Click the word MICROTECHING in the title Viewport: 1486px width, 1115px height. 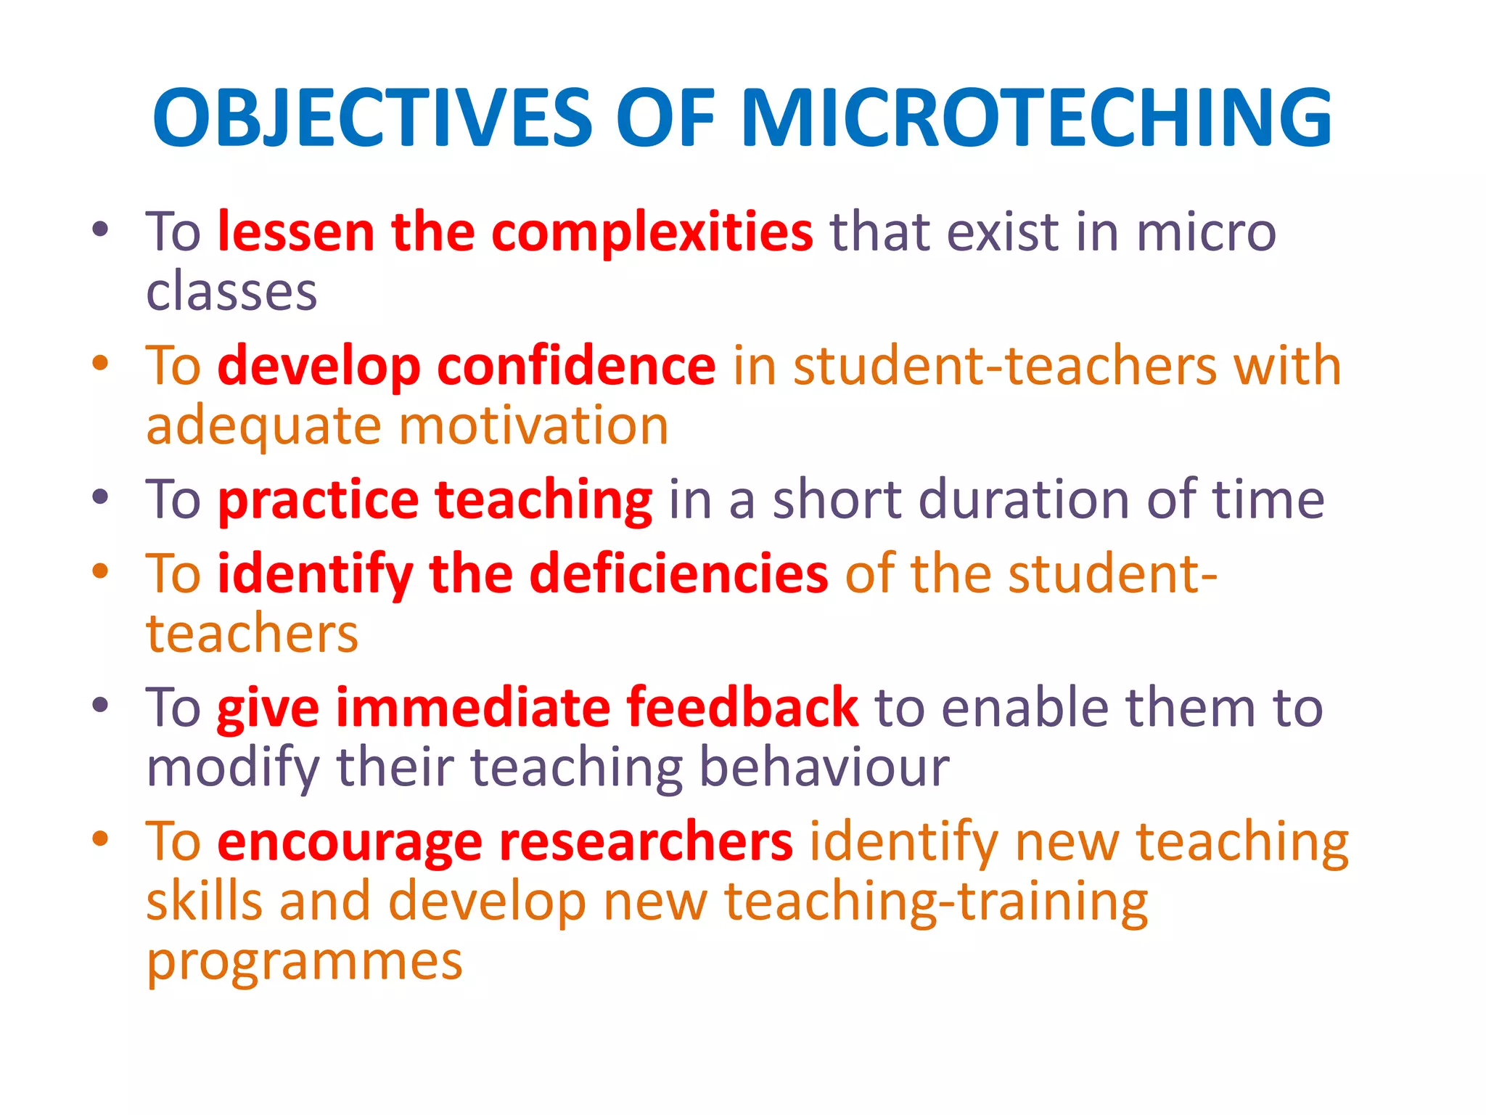point(1035,118)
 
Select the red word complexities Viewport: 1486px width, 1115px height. point(652,232)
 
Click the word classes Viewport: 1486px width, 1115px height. point(231,292)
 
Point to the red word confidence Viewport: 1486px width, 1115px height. point(576,366)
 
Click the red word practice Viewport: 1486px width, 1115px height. point(318,501)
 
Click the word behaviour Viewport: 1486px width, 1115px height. point(824,768)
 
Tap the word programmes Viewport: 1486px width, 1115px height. point(304,963)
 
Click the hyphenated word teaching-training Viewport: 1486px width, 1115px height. point(936,902)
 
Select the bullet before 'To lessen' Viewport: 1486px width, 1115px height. point(100,230)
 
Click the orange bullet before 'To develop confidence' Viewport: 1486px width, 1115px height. point(100,363)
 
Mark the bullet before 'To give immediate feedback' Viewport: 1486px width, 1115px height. point(100,705)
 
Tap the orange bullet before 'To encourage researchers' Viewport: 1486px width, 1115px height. point(100,839)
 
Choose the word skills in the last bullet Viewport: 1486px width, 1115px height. point(204,902)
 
